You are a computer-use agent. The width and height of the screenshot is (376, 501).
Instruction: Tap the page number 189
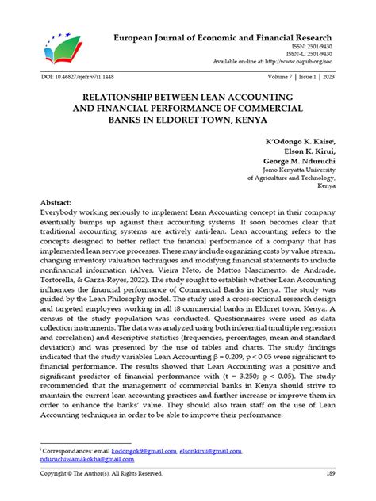[x=330, y=475]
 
